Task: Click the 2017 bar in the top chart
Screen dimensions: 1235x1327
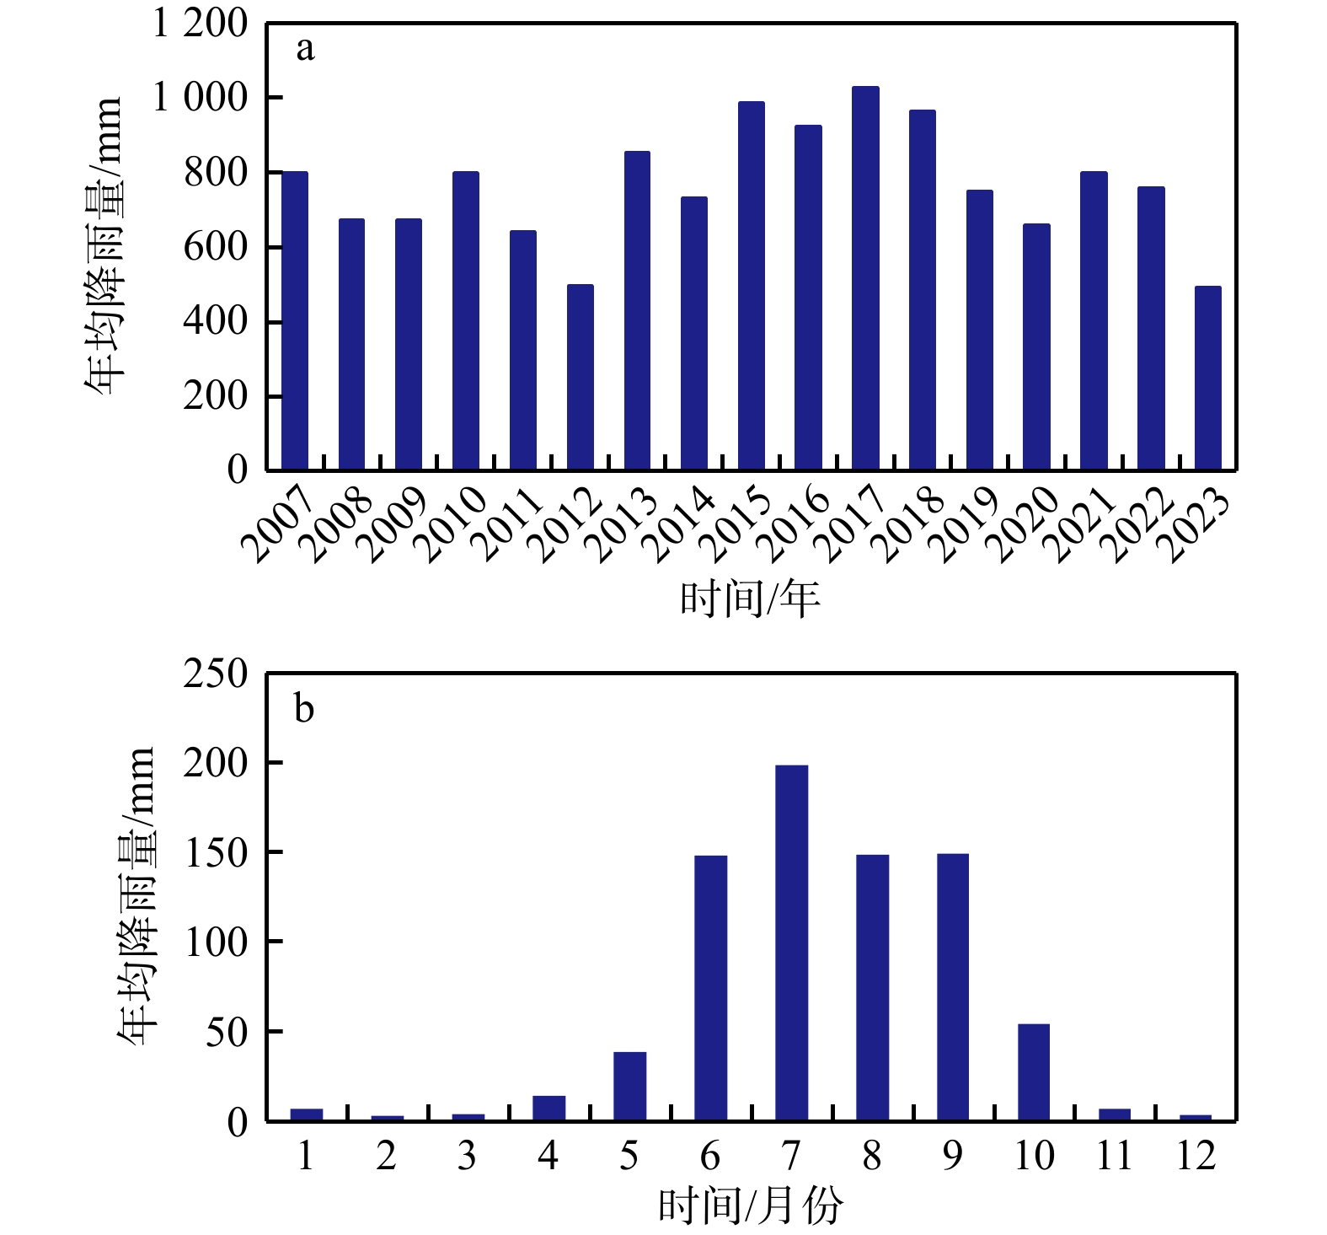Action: coord(865,278)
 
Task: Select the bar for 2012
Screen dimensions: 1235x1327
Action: coord(581,377)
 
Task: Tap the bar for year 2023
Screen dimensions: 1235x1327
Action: coord(1208,378)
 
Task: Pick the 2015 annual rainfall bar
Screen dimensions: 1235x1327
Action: coord(752,286)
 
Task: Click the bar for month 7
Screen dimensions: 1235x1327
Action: coord(791,942)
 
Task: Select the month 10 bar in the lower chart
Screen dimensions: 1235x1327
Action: coord(1034,1072)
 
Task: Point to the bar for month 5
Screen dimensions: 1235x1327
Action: coord(629,1086)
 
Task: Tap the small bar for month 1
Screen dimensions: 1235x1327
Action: coord(307,1114)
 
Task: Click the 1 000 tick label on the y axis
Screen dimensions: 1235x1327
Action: coord(200,98)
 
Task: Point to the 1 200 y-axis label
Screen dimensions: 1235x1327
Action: coord(200,24)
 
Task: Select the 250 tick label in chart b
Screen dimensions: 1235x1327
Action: coord(216,674)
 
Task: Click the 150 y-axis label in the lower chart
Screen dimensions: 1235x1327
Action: coord(216,853)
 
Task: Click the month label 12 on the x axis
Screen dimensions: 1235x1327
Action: coord(1195,1156)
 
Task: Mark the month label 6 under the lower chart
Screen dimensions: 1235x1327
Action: coord(710,1156)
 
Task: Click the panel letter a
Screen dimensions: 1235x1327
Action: coord(305,49)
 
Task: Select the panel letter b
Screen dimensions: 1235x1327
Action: coord(304,709)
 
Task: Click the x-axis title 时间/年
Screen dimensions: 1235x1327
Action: coord(750,599)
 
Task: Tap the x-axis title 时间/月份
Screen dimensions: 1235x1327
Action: coord(750,1206)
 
